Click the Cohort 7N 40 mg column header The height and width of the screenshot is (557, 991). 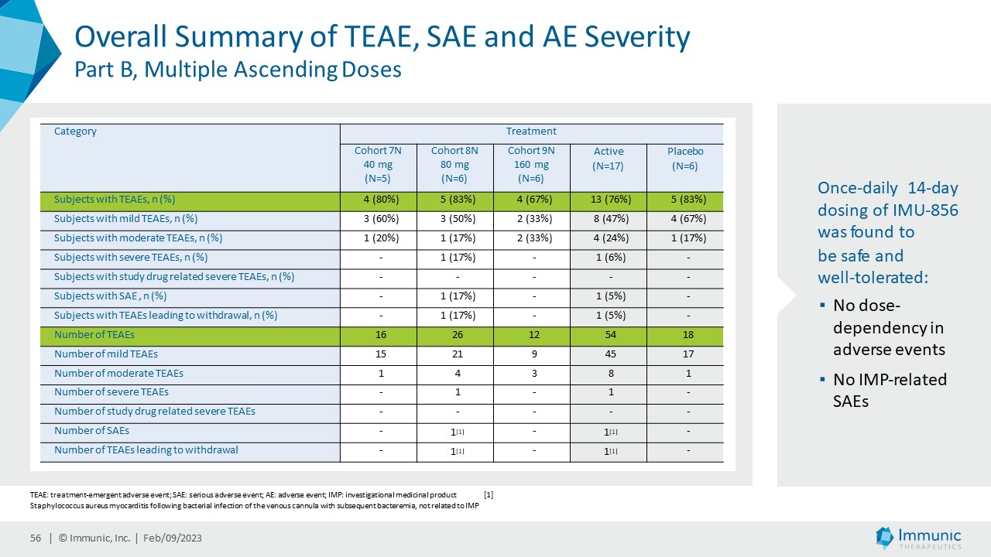378,164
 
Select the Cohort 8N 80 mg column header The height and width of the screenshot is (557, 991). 454,164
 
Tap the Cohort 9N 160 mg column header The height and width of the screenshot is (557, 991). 530,164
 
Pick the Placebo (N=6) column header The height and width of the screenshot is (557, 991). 685,158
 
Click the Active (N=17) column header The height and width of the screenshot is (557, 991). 608,158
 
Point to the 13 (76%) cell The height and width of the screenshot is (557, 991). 608,200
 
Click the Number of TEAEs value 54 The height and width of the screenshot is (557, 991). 608,335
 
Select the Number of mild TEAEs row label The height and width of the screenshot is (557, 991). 106,354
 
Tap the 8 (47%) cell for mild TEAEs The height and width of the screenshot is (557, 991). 608,219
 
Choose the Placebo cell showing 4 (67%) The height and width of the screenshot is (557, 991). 685,219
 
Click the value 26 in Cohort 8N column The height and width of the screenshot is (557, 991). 454,335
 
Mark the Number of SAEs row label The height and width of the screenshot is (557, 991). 91,431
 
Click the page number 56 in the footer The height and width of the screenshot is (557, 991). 35,538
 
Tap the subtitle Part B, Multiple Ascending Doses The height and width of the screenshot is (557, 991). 238,70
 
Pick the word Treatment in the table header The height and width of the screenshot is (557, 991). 531,132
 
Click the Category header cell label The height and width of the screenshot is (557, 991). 75,132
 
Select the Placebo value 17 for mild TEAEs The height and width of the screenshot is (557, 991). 685,354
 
